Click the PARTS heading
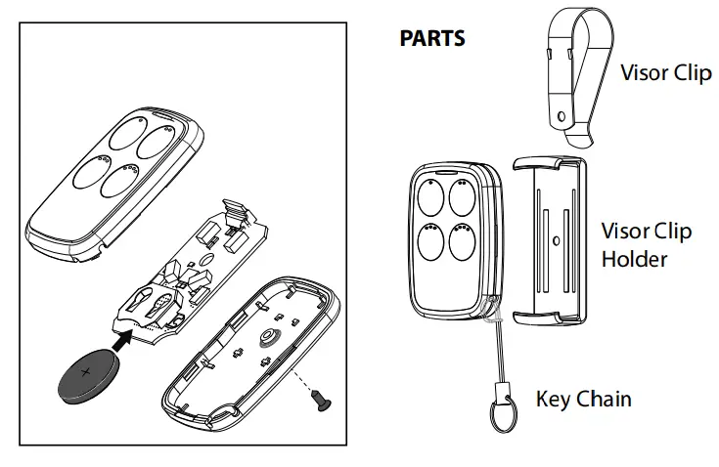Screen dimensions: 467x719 432,40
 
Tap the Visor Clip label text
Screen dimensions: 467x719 666,73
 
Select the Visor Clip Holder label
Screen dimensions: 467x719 646,245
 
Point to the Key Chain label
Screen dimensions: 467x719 583,399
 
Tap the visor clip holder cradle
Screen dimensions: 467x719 550,239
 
